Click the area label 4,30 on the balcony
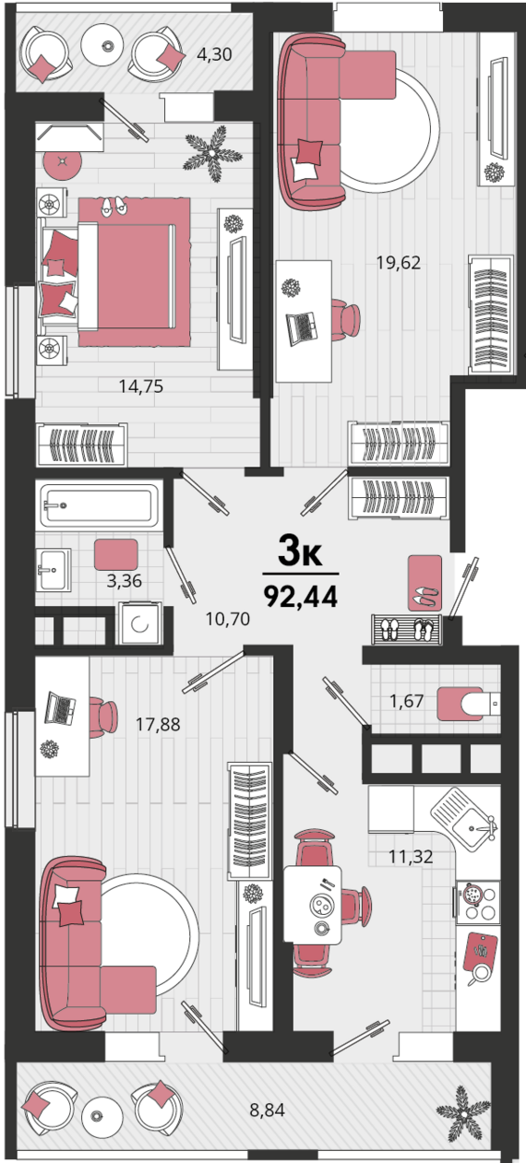[x=214, y=54]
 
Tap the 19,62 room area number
[x=399, y=263]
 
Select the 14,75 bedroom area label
[x=140, y=386]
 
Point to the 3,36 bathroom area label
[x=124, y=580]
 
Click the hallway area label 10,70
[x=227, y=619]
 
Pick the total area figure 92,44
[x=301, y=596]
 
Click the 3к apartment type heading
[x=300, y=551]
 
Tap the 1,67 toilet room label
[x=407, y=702]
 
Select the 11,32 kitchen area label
[x=411, y=856]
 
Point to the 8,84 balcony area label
[x=267, y=1110]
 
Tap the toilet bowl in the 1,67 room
[x=469, y=704]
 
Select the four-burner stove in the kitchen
[x=477, y=902]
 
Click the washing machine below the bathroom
[x=139, y=623]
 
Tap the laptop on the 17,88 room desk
[x=60, y=707]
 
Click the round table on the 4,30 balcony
[x=107, y=46]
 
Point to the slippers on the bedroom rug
[x=114, y=206]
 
